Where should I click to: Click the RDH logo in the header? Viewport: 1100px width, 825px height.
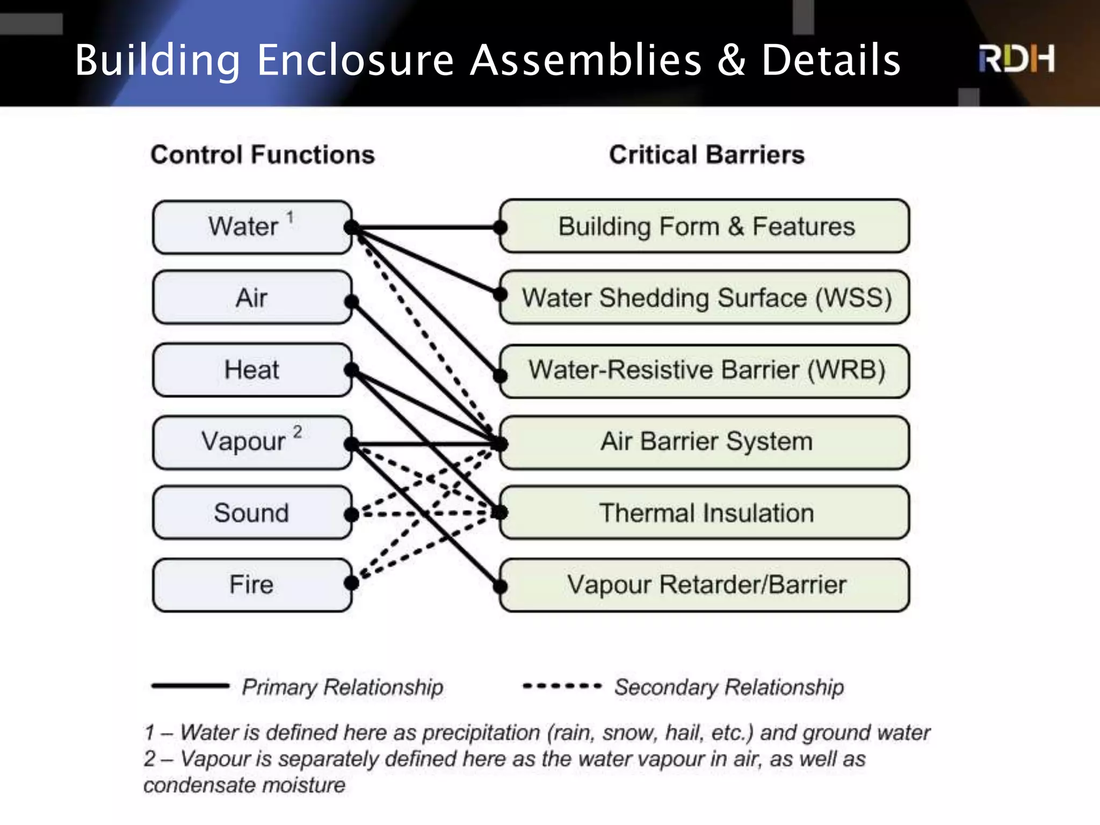(1016, 59)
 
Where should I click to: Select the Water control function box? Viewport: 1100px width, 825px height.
(252, 227)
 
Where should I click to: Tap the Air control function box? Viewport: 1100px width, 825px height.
(252, 298)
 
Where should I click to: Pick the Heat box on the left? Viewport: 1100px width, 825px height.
(252, 370)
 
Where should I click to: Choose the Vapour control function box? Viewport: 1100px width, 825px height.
(252, 442)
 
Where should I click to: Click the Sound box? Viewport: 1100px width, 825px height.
(252, 513)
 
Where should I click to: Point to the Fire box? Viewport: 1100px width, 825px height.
(252, 584)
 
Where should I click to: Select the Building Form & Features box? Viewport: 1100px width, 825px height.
(705, 226)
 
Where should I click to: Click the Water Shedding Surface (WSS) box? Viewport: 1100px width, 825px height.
(705, 298)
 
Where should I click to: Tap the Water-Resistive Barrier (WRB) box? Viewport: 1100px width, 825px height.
(705, 370)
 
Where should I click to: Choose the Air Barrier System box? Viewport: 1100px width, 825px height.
(705, 442)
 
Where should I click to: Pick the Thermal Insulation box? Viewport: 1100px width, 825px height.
(705, 513)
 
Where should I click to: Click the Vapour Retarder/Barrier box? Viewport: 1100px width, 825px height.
(705, 584)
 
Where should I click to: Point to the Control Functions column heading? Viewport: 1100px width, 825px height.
(262, 155)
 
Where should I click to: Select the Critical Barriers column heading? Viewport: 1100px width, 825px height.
(706, 155)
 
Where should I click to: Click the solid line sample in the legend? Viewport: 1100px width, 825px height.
(190, 685)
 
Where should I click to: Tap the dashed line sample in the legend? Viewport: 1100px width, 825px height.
(561, 686)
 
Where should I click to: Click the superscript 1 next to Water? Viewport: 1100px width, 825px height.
(290, 217)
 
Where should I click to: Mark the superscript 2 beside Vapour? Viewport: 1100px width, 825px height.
(298, 432)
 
